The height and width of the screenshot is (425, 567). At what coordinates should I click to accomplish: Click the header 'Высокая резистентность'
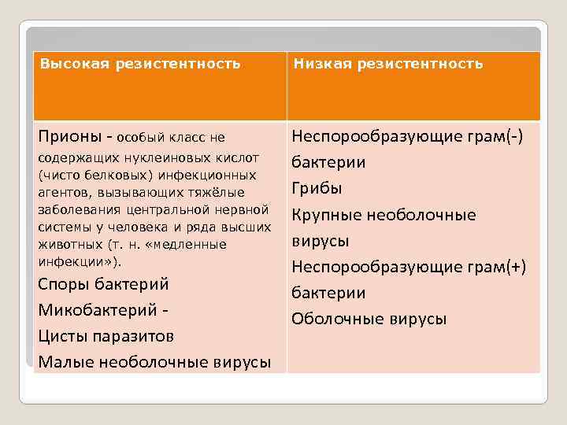140,63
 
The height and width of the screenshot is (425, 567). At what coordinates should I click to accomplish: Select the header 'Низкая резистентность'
388,63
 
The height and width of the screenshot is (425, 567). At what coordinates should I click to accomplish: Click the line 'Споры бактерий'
103,284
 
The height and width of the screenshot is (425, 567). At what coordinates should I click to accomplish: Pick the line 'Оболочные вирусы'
369,319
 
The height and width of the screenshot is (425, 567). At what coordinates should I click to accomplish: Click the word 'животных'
65,244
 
